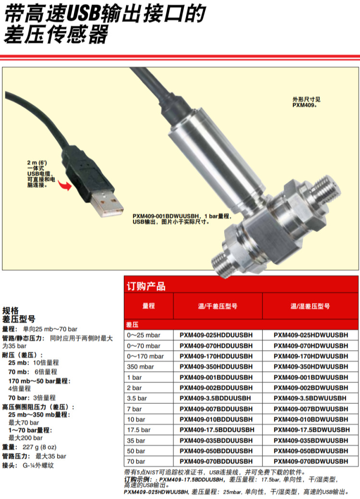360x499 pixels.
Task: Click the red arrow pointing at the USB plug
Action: click(x=65, y=185)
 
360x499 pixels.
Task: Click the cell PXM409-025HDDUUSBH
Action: click(x=216, y=335)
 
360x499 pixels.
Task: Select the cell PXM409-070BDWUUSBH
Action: click(x=311, y=461)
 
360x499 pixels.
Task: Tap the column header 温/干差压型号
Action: click(x=217, y=306)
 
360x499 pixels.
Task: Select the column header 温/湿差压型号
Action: click(x=310, y=306)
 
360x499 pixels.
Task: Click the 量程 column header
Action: click(x=148, y=306)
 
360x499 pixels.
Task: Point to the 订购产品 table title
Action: click(x=146, y=286)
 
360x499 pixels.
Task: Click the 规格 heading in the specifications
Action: click(x=11, y=311)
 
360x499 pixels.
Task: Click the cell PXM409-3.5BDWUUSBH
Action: click(x=310, y=398)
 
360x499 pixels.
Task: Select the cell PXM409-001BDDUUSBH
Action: click(x=216, y=377)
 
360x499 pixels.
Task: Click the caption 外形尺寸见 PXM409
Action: click(x=306, y=102)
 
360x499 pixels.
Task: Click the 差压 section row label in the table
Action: click(x=132, y=325)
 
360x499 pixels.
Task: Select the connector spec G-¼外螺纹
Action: click(x=38, y=465)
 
